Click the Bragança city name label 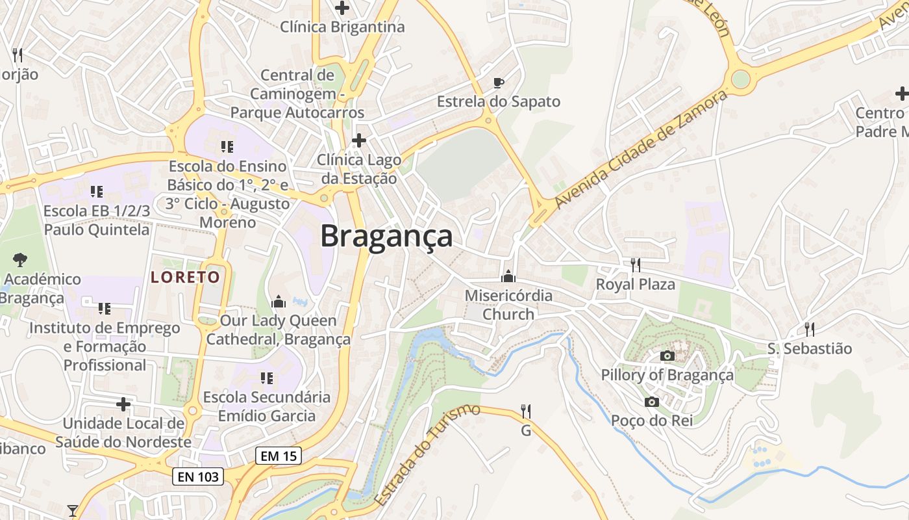point(386,236)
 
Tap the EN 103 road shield point(199,477)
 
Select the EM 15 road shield point(279,456)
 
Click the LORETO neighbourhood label point(186,278)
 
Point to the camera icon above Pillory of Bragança point(667,356)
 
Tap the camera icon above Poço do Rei point(652,402)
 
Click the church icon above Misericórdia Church point(508,277)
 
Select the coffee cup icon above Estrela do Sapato point(498,83)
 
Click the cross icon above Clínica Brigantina point(342,8)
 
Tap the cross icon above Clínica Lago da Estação point(358,140)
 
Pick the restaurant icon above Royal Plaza point(636,265)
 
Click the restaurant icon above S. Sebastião point(809,329)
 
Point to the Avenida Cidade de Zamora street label point(640,149)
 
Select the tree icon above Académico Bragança point(20,259)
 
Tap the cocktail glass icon point(73,510)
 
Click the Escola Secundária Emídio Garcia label point(267,406)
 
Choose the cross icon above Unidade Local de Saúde point(123,404)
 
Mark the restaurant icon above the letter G point(526,411)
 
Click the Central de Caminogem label point(297,94)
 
